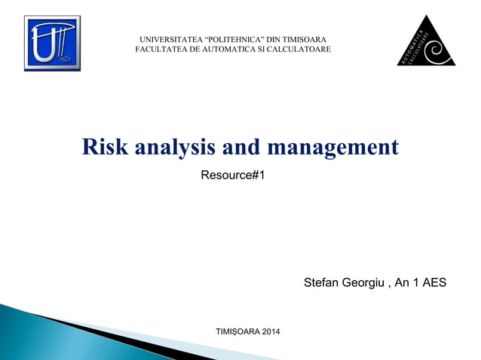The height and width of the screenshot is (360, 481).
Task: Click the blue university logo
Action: point(52,43)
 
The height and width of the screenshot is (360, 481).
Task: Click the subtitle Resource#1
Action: point(233,175)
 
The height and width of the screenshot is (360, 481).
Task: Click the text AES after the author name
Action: point(434,283)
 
